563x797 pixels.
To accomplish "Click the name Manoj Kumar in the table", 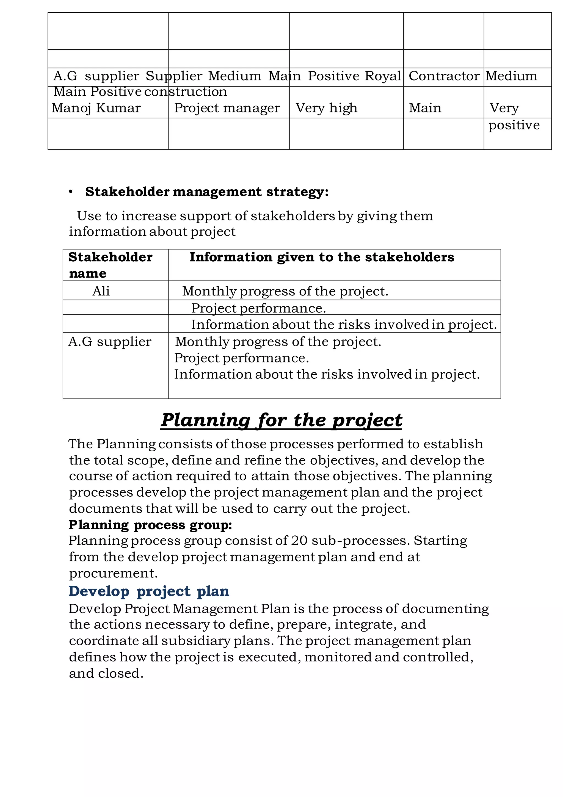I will (96, 108).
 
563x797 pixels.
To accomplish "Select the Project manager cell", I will (227, 108).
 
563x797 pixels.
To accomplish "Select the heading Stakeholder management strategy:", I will (207, 192).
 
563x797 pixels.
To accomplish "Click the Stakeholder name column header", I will (110, 265).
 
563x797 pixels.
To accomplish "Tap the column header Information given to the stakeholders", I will (322, 257).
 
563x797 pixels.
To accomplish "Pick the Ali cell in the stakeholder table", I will (101, 291).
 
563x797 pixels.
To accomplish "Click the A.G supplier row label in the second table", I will (110, 342).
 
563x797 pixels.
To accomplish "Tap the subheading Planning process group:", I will (150, 525).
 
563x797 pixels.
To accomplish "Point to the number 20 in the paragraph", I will (299, 541).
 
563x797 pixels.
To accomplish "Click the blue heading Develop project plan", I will (149, 591).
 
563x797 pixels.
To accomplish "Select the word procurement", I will (113, 573).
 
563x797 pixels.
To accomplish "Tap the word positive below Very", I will (514, 125).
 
